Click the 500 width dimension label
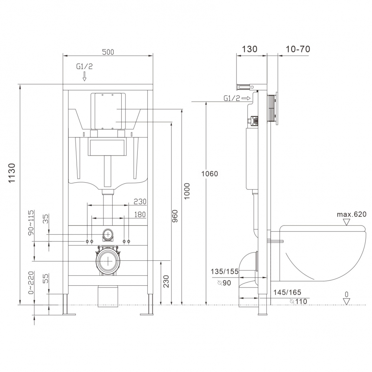108,52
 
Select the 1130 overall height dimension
12,173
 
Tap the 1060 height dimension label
209,174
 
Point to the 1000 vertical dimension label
187,191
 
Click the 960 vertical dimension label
174,216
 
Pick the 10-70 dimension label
298,49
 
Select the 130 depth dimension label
250,49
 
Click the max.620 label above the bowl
352,215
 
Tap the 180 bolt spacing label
140,215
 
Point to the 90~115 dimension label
31,222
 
